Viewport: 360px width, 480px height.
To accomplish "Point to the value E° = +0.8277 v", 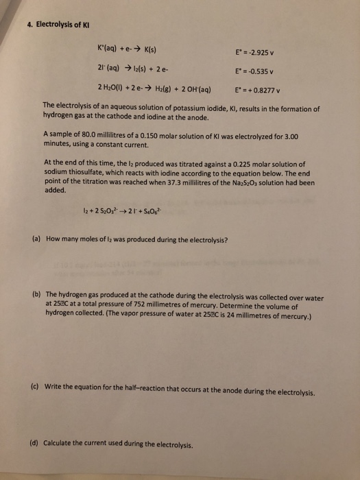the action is click(261, 90).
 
